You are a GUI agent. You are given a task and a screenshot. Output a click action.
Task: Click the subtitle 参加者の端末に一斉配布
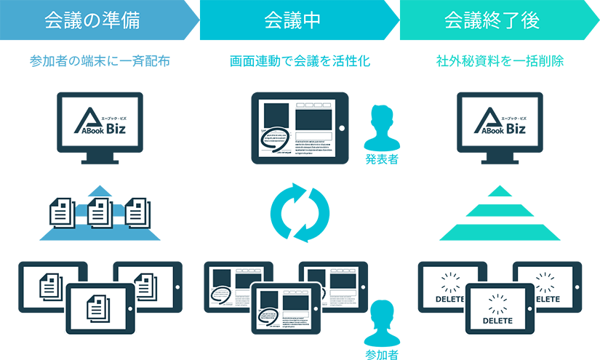coord(100,61)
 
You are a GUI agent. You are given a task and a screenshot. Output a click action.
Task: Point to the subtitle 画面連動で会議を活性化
coord(300,61)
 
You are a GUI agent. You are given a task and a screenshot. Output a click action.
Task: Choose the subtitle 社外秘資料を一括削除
coord(500,61)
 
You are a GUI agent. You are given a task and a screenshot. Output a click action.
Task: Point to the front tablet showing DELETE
coord(498,309)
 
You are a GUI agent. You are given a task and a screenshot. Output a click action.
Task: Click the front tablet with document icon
coord(100,309)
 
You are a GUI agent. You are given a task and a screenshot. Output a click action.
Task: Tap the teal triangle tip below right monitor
coord(500,193)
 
